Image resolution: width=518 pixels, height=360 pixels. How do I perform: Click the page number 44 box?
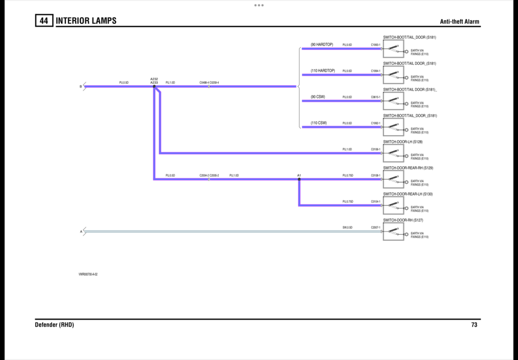44,21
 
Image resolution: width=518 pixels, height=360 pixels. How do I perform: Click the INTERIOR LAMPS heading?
86,21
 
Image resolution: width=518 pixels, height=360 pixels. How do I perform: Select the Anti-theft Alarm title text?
459,22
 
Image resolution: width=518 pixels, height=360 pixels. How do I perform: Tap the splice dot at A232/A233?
154,86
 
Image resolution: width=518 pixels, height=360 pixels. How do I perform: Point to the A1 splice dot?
299,179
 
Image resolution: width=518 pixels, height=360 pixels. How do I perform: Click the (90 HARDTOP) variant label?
322,44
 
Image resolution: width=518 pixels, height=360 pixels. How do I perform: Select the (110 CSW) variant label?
319,123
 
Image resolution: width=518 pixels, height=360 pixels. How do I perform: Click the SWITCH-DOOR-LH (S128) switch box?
393,153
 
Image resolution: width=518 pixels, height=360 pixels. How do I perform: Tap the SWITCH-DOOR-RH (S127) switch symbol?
393,232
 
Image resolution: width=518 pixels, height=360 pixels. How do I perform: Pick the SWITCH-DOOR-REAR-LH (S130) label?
408,194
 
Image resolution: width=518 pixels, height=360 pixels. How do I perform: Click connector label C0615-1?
376,97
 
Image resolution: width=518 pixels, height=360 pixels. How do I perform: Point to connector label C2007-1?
376,228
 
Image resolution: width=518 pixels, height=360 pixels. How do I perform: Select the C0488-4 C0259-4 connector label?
209,83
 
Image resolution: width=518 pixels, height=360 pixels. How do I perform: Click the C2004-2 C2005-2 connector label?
209,176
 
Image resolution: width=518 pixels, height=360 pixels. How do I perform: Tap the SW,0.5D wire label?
347,228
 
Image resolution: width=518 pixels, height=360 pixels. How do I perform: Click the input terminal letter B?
81,86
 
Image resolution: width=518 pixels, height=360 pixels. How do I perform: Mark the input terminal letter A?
81,232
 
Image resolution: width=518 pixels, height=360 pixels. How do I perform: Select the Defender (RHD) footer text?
54,325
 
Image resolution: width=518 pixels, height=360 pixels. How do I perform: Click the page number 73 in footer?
474,325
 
